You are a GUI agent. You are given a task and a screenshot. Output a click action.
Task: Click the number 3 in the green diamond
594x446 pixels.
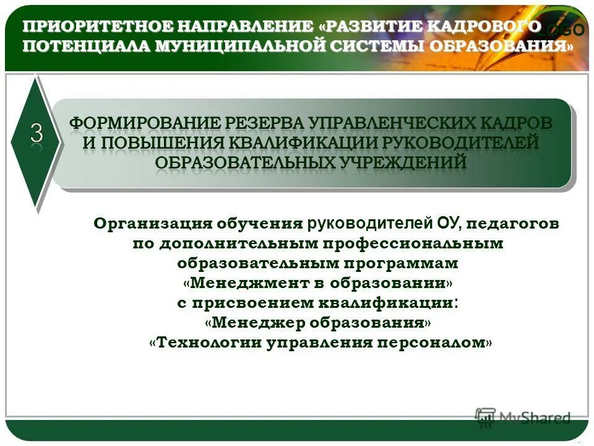(37, 134)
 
